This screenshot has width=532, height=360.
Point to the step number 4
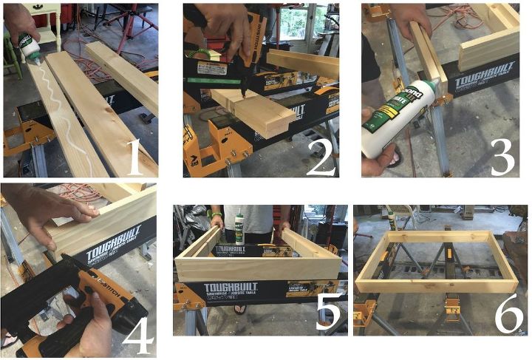137,334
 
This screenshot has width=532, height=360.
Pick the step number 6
508,314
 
